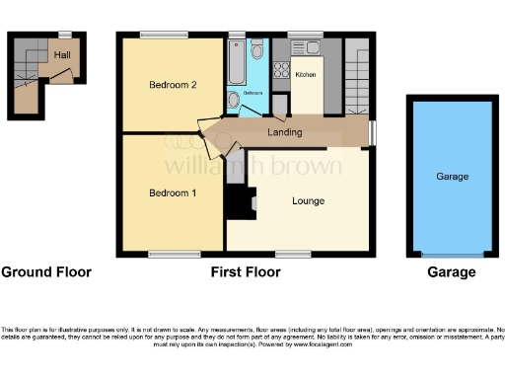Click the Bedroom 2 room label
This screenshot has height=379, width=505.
[174, 85]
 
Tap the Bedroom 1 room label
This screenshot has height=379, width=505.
[173, 191]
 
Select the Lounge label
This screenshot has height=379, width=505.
[308, 200]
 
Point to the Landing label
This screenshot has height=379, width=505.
[285, 131]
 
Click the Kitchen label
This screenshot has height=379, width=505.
[305, 74]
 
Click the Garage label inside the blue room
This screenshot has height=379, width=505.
[453, 176]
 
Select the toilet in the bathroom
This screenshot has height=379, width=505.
[257, 51]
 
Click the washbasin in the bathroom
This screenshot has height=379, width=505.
[233, 99]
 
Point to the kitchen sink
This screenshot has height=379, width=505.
[279, 71]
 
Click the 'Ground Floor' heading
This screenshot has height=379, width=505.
[46, 272]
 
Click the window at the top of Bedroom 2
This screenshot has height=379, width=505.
[164, 36]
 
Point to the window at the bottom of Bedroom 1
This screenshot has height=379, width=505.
[165, 255]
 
